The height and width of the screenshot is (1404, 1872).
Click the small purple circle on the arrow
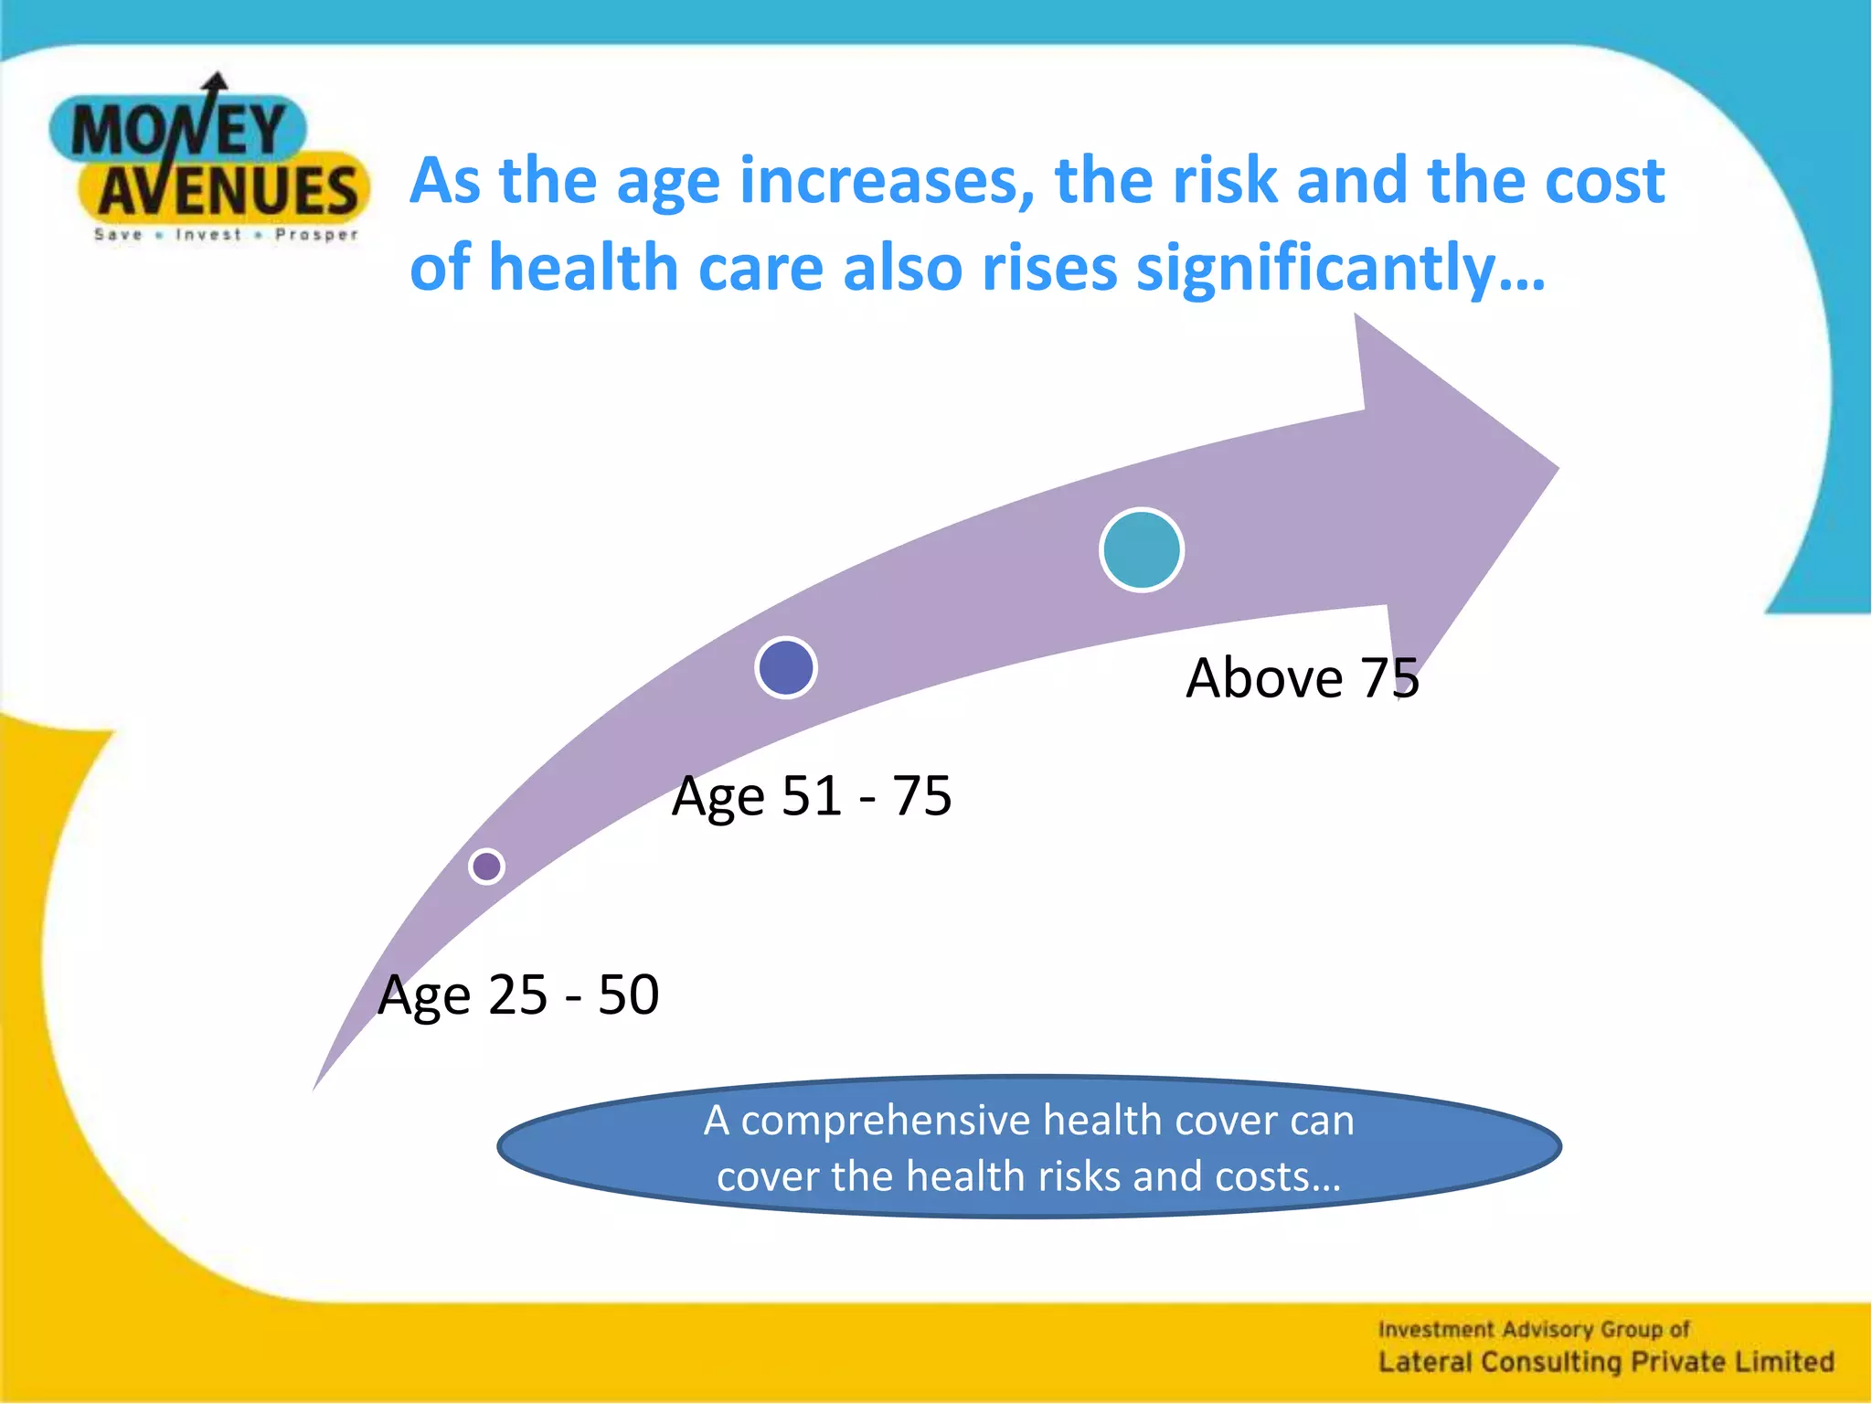pos(486,866)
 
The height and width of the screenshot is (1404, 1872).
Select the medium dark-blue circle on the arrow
pos(786,667)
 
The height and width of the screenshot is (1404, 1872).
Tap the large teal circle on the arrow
pos(1141,549)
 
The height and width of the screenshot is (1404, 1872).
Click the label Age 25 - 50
pos(518,994)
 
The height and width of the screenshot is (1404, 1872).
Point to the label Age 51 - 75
pos(812,795)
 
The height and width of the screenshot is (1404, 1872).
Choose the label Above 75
pos(1303,678)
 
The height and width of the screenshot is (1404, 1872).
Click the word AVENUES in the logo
pos(229,191)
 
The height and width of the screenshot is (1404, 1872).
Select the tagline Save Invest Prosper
pos(227,235)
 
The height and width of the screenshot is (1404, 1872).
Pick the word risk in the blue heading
pos(1225,180)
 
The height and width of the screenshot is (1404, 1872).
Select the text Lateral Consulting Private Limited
pos(1606,1362)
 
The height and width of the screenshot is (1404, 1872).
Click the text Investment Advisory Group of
pos(1534,1329)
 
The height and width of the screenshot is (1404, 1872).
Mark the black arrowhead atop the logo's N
pos(216,82)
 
